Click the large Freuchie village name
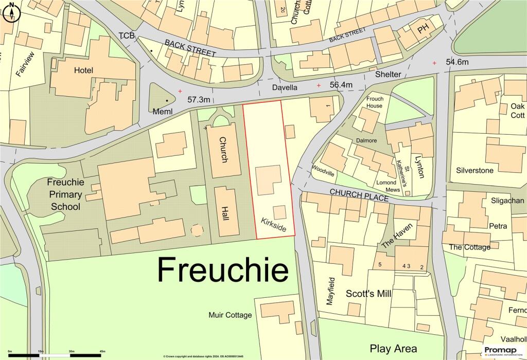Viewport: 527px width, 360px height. coord(222,269)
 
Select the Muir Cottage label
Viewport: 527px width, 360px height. coord(231,315)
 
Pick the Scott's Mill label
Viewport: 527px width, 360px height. coord(368,294)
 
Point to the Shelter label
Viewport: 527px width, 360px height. coord(388,74)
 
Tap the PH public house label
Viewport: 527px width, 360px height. coord(423,30)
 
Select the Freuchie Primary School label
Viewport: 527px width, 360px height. coord(64,194)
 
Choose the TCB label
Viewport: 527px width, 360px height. coord(126,35)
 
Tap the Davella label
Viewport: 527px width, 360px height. coord(285,87)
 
